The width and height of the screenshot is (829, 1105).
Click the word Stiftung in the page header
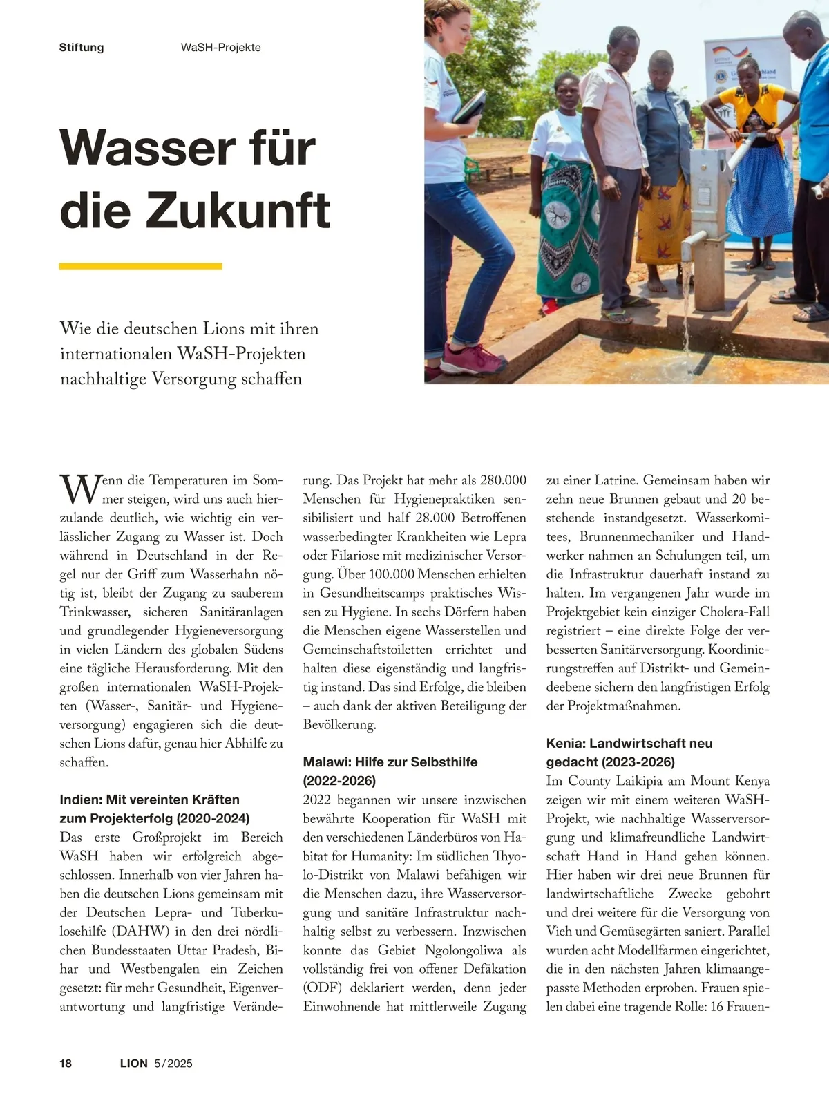[x=82, y=48]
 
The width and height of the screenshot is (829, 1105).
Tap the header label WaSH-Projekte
[x=220, y=48]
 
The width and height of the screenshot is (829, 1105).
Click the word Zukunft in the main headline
[x=238, y=211]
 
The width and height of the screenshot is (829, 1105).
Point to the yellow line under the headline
[x=140, y=266]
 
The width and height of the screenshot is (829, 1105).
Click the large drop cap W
[x=77, y=489]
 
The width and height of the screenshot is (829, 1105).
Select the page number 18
[x=66, y=1063]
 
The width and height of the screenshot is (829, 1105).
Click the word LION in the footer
[x=133, y=1063]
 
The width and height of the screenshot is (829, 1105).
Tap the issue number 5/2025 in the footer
[x=173, y=1063]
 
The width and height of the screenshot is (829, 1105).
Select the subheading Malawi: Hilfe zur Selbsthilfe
[x=390, y=762]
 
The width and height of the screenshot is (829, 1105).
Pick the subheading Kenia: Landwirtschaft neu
[x=629, y=744]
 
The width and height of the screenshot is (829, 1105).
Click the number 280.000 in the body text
[x=503, y=480]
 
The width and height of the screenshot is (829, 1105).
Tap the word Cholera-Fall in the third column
[x=734, y=612]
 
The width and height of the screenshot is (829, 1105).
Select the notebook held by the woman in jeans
[x=470, y=106]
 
